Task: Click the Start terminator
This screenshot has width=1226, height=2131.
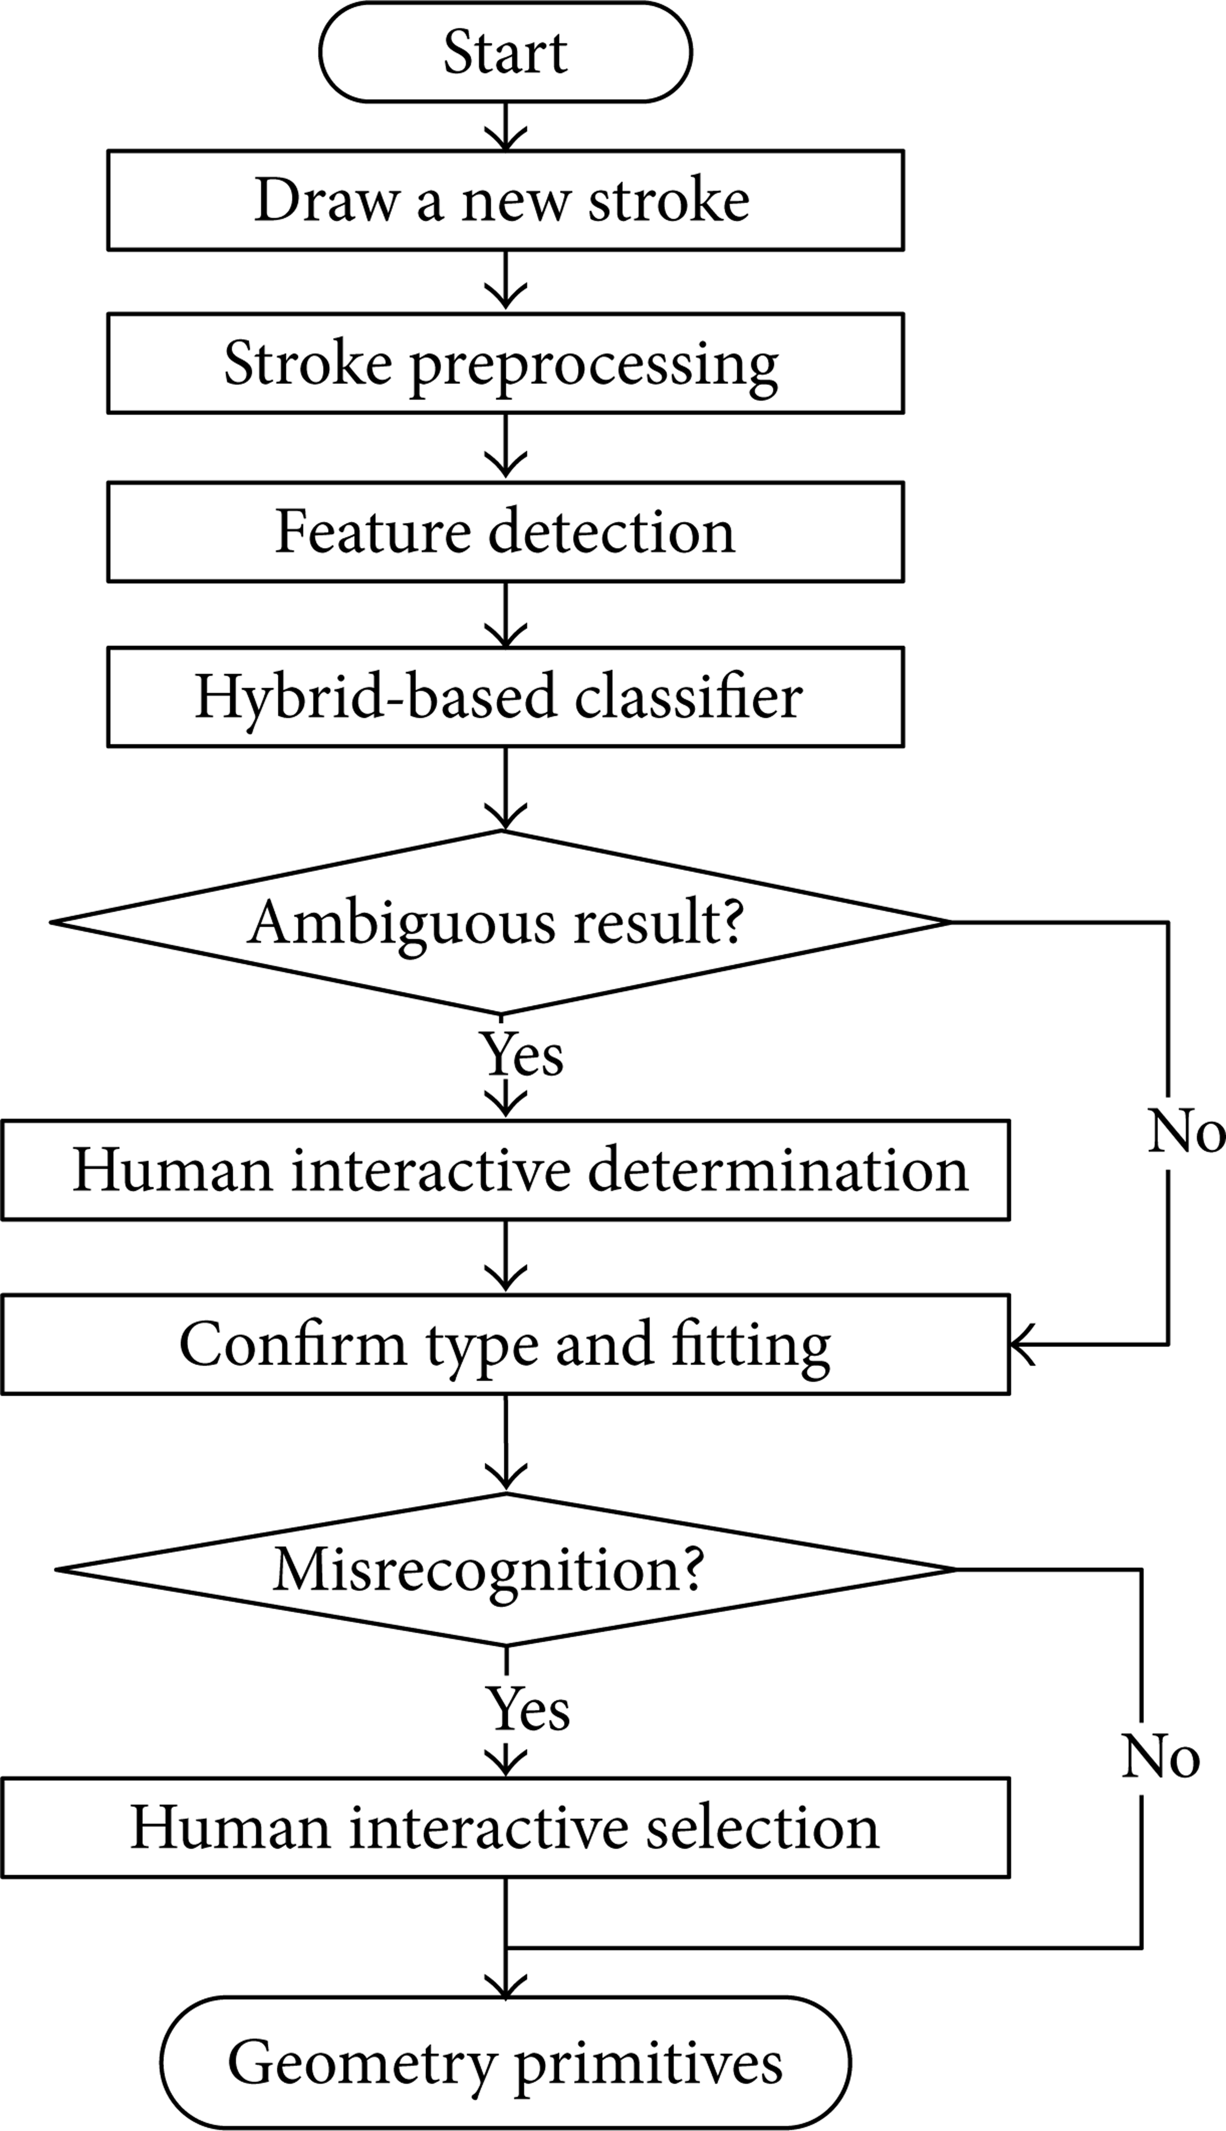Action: pyautogui.click(x=505, y=52)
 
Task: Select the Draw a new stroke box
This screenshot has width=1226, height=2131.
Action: pyautogui.click(x=505, y=200)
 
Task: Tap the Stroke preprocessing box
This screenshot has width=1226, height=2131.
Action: pyautogui.click(x=505, y=363)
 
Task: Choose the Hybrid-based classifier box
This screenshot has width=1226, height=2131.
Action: pyautogui.click(x=505, y=697)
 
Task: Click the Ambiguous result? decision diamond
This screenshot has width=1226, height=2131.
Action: pyautogui.click(x=501, y=923)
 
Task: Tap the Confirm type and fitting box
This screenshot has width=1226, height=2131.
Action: pyautogui.click(x=505, y=1345)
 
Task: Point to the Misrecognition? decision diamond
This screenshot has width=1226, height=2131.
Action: pyautogui.click(x=505, y=1570)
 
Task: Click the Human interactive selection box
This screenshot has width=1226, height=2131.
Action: pyautogui.click(x=505, y=1827)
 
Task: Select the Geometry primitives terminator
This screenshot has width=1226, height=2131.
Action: pyautogui.click(x=505, y=2062)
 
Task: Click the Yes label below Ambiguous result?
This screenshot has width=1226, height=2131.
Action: pyautogui.click(x=522, y=1054)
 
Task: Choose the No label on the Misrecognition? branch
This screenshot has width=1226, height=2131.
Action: pyautogui.click(x=1160, y=1757)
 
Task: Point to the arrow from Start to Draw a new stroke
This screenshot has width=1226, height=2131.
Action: pyautogui.click(x=505, y=127)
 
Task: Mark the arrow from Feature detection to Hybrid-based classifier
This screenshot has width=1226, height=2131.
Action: pyautogui.click(x=505, y=615)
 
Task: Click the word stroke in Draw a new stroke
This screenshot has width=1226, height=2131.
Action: pyautogui.click(x=669, y=200)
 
